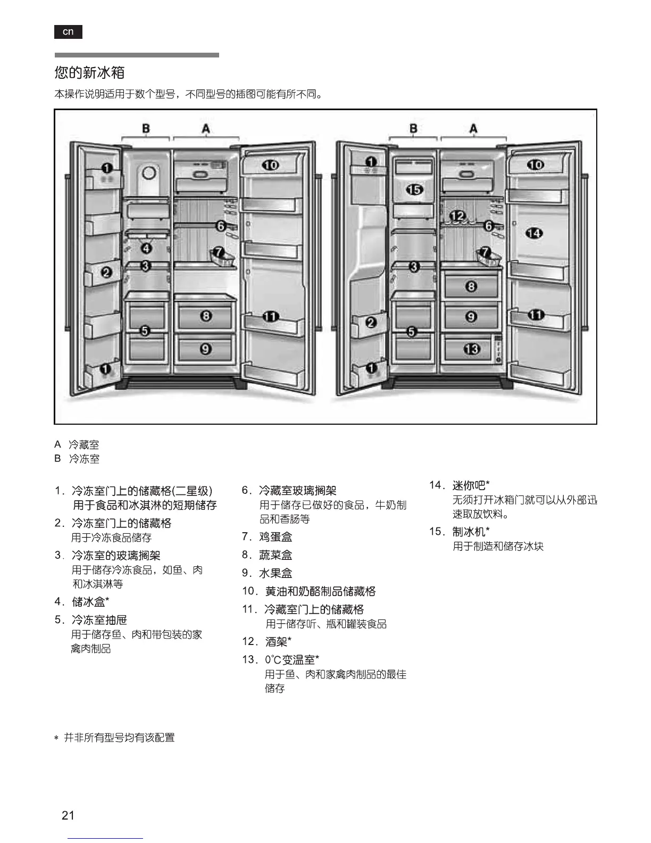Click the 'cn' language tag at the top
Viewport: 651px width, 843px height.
pyautogui.click(x=68, y=32)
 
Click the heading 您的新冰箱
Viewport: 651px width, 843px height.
pyautogui.click(x=89, y=72)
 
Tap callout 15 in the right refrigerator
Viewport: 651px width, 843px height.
pyautogui.click(x=414, y=189)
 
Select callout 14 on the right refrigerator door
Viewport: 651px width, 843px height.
pyautogui.click(x=534, y=233)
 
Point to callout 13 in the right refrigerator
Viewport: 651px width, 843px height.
pyautogui.click(x=471, y=349)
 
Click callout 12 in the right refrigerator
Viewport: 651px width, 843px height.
pyautogui.click(x=457, y=216)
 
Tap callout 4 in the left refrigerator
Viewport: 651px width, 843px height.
pyautogui.click(x=146, y=247)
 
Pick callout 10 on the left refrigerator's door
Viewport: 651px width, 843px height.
pyautogui.click(x=271, y=165)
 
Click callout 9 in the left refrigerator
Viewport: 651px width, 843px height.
pyautogui.click(x=206, y=349)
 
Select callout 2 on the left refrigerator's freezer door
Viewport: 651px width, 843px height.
pyautogui.click(x=106, y=272)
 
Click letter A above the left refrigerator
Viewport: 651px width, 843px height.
pyautogui.click(x=206, y=128)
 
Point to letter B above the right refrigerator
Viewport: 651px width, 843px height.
pyautogui.click(x=413, y=128)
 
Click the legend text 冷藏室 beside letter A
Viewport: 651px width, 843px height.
pyautogui.click(x=84, y=444)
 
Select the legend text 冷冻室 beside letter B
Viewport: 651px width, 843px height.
pyautogui.click(x=84, y=459)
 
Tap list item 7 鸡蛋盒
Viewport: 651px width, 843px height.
pyautogui.click(x=275, y=536)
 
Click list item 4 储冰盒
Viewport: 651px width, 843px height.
pyautogui.click(x=90, y=601)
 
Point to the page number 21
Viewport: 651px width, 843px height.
pyautogui.click(x=68, y=815)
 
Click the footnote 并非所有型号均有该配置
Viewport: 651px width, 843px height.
pyautogui.click(x=119, y=738)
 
